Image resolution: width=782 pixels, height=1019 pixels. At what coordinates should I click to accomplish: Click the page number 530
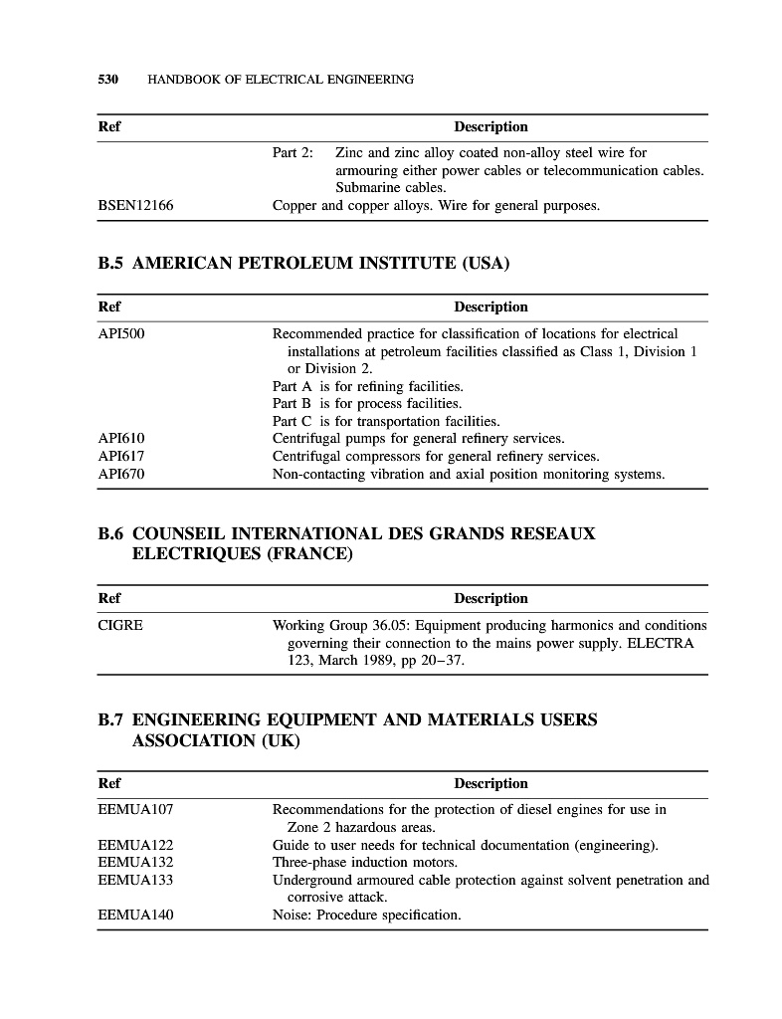coord(107,79)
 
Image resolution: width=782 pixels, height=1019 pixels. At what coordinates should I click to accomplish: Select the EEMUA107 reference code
coord(135,809)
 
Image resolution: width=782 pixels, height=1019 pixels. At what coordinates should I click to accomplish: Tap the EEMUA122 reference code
coord(135,845)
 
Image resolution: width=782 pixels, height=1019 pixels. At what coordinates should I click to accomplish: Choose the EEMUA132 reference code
coord(135,862)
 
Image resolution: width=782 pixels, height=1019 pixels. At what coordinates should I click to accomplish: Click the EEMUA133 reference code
coord(135,880)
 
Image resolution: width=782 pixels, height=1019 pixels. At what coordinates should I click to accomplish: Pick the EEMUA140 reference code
coord(135,915)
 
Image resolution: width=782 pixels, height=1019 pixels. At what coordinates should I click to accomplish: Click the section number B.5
coord(110,264)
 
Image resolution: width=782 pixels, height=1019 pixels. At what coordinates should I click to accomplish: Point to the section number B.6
coord(110,533)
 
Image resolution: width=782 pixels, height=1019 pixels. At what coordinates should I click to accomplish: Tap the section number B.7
coord(110,718)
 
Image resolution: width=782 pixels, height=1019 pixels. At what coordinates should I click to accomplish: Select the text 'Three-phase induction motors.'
coord(365,862)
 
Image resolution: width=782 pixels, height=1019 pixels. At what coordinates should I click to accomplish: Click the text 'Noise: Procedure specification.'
coord(366,915)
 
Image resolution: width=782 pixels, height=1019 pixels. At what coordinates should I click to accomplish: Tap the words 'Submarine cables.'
coord(391,187)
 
